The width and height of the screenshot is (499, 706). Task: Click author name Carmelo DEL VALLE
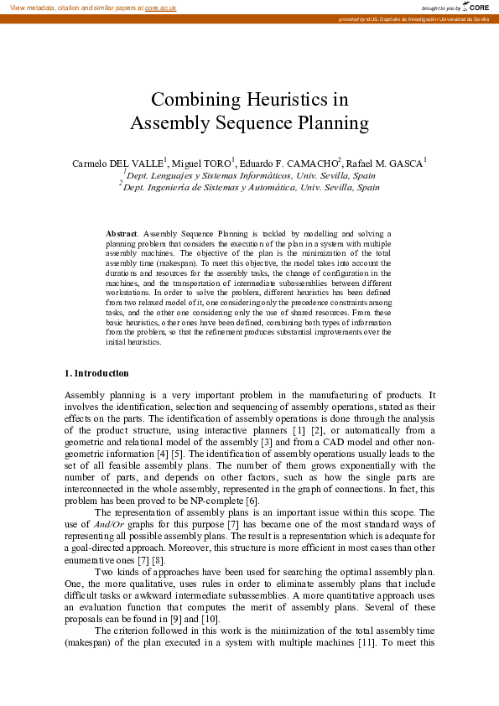118,163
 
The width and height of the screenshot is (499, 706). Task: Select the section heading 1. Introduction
96,373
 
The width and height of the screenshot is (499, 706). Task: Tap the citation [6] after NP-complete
240,501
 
